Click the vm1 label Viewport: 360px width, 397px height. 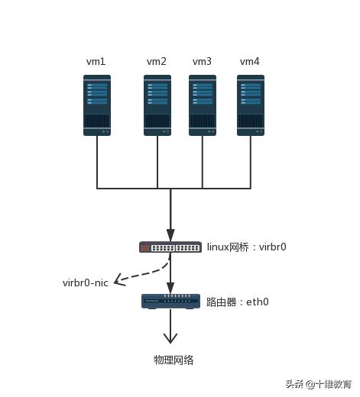96,61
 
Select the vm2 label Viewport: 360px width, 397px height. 157,61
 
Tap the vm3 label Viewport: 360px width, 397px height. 202,61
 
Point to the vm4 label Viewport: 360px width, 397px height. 250,61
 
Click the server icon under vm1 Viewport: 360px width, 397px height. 97,105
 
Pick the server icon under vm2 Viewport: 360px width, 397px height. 157,105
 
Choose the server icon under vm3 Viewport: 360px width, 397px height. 203,105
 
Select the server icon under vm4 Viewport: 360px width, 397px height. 250,105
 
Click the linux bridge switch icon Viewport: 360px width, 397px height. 170,247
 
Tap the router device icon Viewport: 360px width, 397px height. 170,301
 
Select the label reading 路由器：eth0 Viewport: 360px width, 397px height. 236,302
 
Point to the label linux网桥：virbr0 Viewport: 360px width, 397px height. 246,247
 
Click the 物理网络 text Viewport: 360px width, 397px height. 174,360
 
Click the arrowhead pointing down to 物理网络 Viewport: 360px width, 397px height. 170,337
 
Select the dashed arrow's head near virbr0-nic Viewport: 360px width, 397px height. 118,282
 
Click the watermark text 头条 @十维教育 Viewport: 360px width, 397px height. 318,384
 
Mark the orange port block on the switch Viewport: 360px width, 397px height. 145,247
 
